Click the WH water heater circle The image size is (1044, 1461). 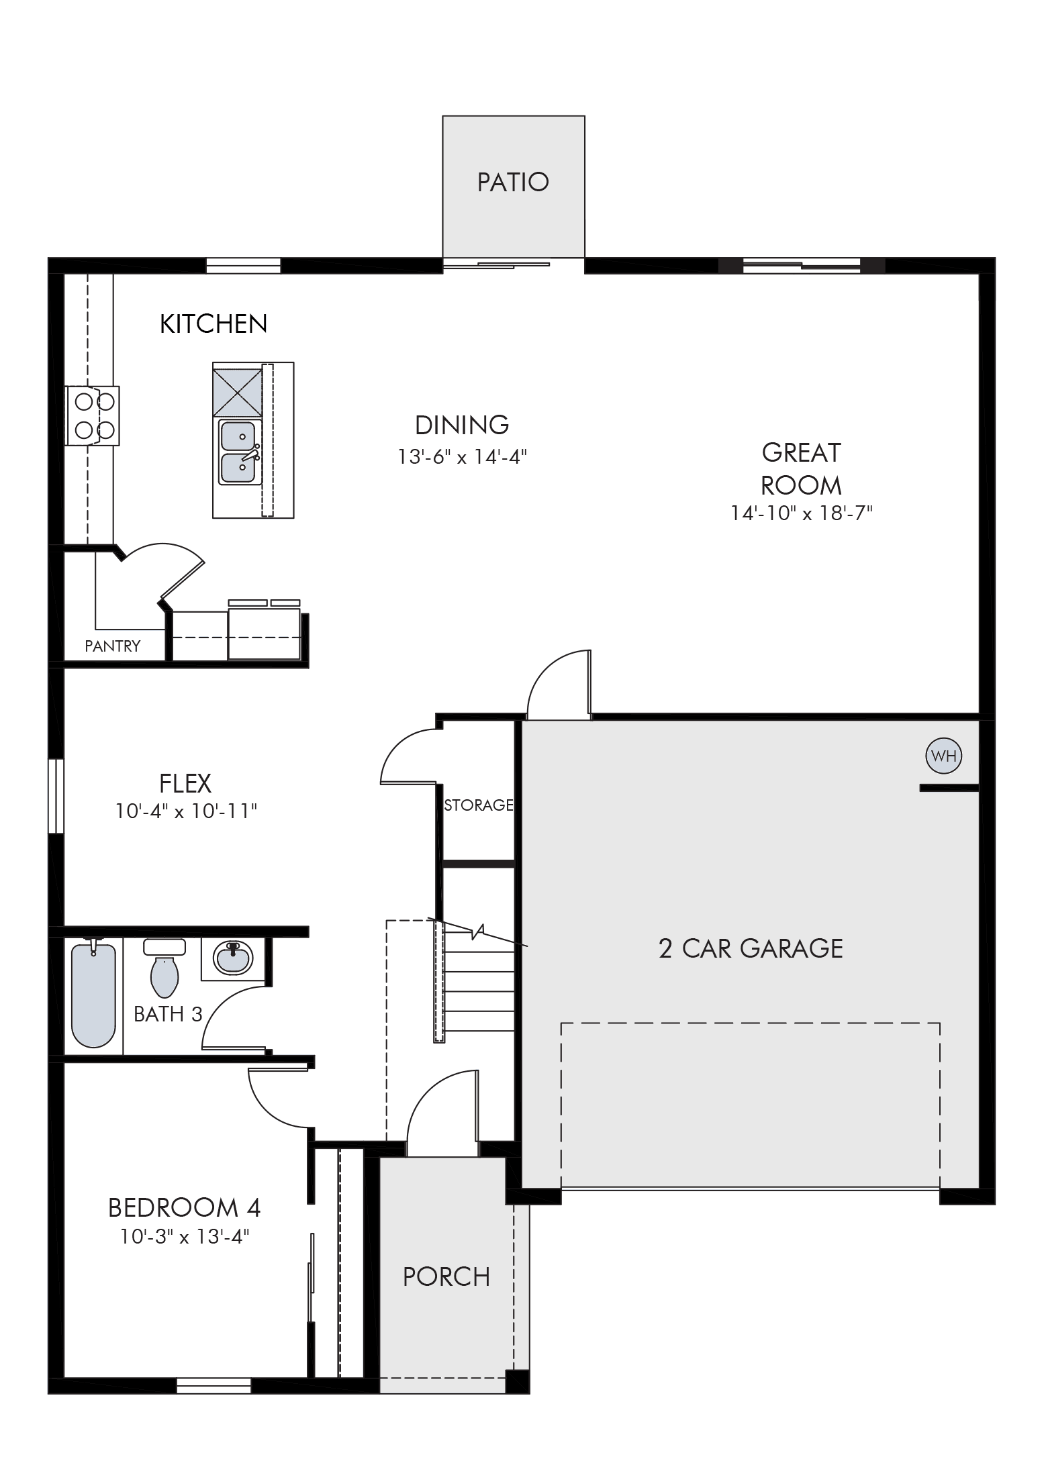(x=943, y=756)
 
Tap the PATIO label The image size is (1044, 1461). (x=513, y=182)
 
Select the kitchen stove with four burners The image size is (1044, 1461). (x=93, y=415)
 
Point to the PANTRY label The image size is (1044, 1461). (x=113, y=646)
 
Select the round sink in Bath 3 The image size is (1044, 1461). (x=233, y=957)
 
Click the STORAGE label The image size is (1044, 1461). (x=479, y=805)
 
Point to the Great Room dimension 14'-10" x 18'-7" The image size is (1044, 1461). (x=802, y=513)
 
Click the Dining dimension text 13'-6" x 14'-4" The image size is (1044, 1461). (x=462, y=457)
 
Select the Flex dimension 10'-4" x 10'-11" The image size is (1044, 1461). (x=186, y=811)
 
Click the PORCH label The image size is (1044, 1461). (x=446, y=1276)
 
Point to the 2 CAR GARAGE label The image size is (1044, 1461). (x=751, y=948)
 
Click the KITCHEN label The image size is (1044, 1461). (x=213, y=324)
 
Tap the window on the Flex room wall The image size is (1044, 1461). (x=56, y=796)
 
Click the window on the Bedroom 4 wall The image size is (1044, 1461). (x=213, y=1386)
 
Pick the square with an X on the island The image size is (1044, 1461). (x=237, y=392)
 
